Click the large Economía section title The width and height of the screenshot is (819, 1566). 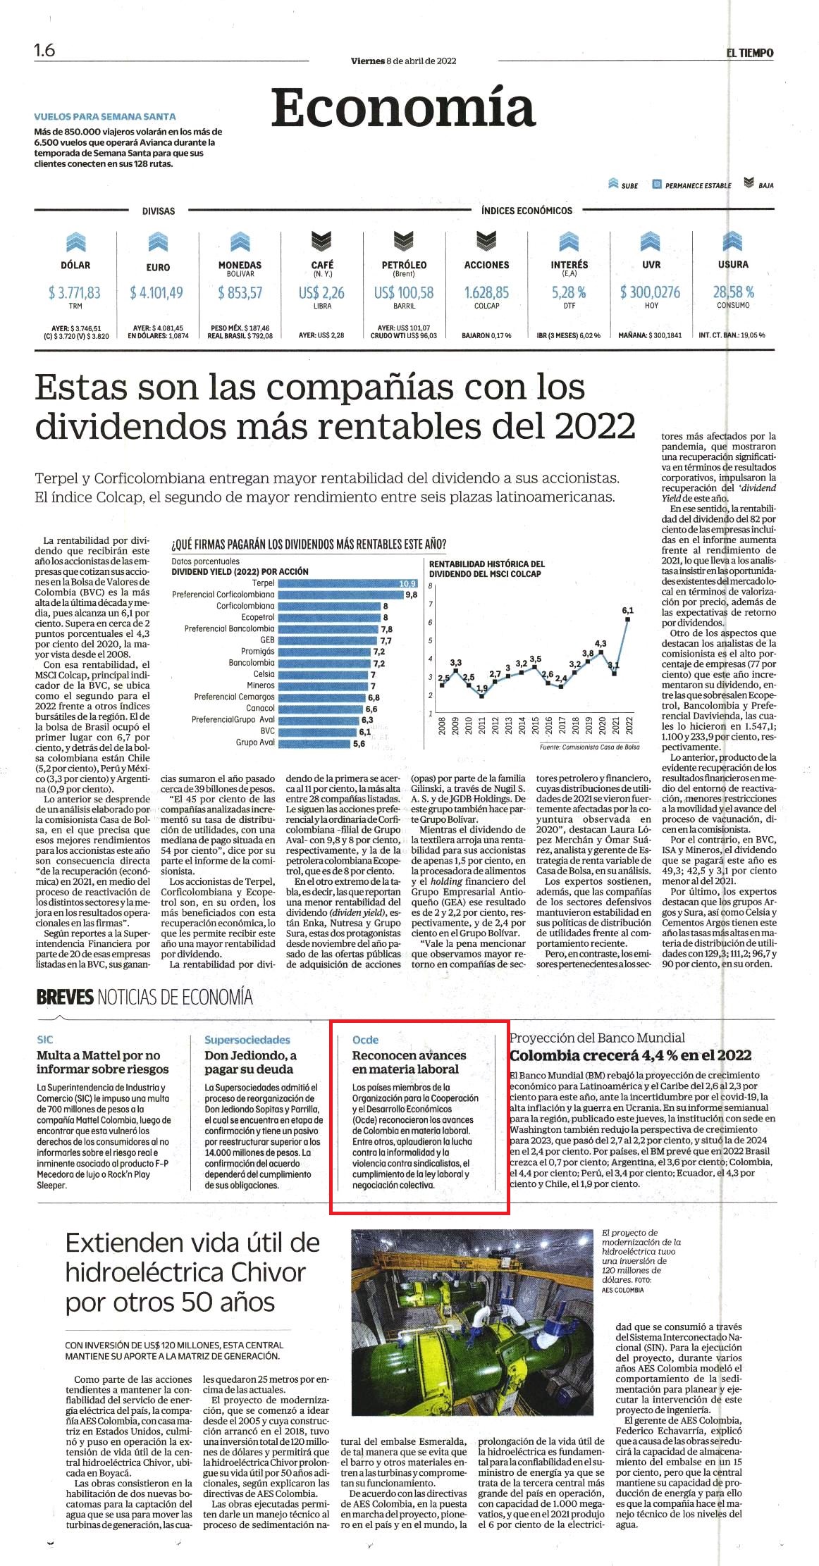[403, 108]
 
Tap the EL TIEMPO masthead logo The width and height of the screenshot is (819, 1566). [750, 52]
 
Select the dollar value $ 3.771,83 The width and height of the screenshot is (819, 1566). [75, 292]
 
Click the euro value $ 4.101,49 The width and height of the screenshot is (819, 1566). [156, 292]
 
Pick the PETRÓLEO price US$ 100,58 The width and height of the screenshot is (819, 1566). [404, 292]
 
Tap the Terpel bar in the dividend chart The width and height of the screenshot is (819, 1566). [348, 583]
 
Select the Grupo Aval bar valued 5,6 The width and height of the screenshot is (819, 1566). [314, 742]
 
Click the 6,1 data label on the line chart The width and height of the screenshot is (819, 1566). [628, 610]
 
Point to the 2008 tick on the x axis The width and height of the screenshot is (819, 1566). [442, 726]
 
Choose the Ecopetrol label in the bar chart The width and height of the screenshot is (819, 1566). [257, 617]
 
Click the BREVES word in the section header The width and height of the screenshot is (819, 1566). [65, 997]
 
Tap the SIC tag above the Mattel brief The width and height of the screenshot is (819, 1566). [45, 1040]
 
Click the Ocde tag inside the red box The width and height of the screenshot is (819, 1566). [365, 1040]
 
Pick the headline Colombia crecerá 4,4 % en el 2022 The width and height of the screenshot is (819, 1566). [631, 1055]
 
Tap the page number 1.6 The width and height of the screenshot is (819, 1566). [44, 51]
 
